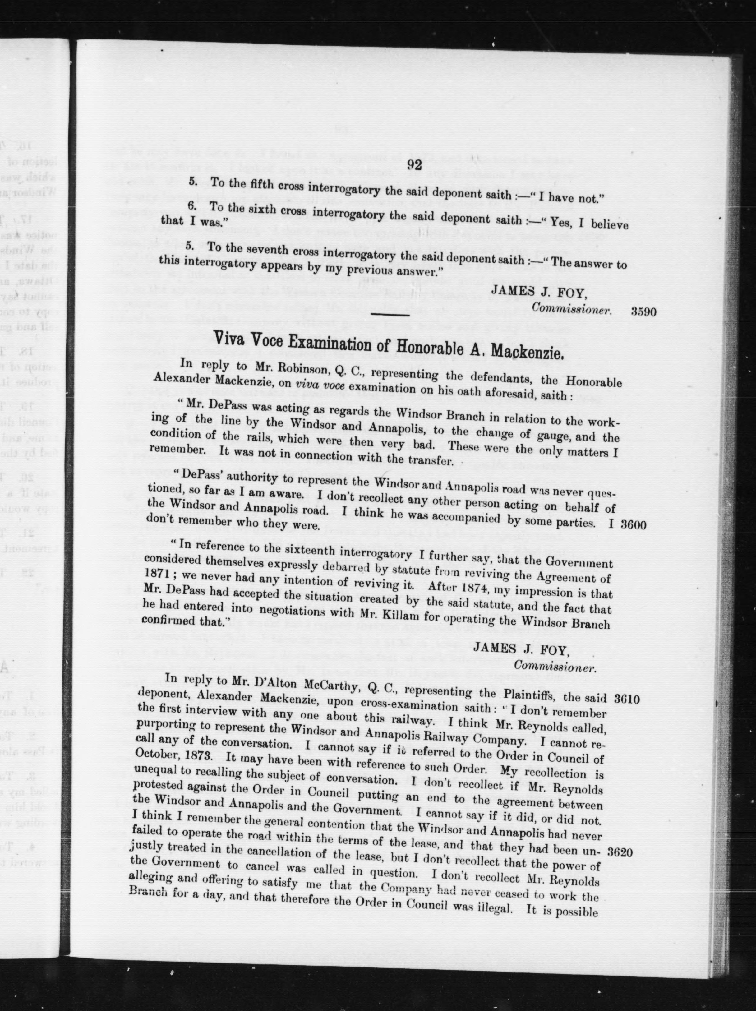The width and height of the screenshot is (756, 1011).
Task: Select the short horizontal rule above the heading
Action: tap(390, 315)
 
